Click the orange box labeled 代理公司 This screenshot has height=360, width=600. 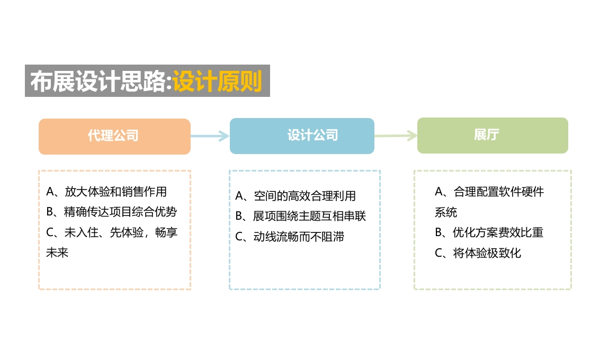[114, 137]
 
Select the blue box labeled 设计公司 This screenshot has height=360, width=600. [302, 136]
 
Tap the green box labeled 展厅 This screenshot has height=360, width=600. [492, 136]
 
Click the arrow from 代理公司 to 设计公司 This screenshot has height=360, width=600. [210, 136]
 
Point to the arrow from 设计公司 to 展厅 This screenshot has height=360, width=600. [396, 136]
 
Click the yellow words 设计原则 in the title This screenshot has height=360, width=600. [217, 81]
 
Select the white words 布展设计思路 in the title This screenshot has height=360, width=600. [98, 81]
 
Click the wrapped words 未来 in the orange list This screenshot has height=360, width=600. [57, 253]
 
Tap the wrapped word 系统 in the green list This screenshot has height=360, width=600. [446, 212]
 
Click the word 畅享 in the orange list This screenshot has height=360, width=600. [166, 232]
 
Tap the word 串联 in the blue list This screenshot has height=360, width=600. [355, 216]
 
